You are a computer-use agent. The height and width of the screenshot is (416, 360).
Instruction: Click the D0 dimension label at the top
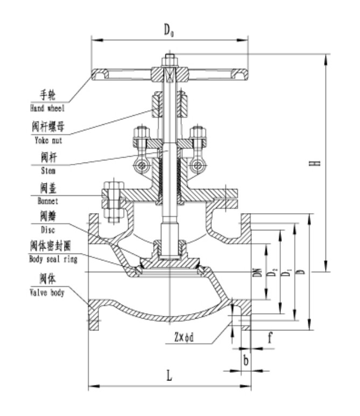tap(169, 30)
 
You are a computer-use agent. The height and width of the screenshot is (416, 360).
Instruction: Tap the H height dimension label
tap(317, 161)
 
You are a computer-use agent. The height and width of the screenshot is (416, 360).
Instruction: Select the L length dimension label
tap(169, 376)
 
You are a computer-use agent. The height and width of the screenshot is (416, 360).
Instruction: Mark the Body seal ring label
tap(53, 259)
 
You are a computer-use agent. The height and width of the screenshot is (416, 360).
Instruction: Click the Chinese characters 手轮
tap(48, 97)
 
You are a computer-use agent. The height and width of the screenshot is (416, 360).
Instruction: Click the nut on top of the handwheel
tap(169, 59)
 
